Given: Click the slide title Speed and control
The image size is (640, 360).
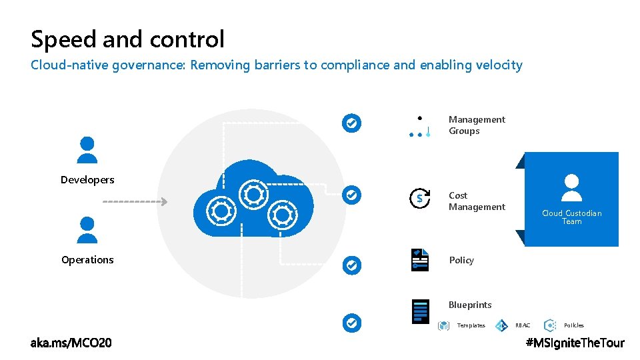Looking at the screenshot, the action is coord(127,39).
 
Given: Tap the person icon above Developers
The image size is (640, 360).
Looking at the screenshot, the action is coord(87,149).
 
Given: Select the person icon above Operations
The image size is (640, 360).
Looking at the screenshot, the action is coord(87,229).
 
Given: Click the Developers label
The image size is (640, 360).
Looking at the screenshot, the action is coord(87,180).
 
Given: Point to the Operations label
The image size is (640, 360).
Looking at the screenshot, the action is coord(87,260).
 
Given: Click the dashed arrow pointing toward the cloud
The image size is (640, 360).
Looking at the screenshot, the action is coord(135,201).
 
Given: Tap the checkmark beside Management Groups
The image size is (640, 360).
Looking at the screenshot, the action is coord(351,123).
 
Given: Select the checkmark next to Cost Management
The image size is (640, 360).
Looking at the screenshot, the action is coord(351,195).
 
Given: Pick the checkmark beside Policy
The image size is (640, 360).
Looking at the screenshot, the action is coord(351,265).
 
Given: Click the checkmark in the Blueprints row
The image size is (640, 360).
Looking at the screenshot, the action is coord(351,323).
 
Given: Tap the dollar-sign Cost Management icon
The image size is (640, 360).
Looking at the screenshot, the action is coord(419,199).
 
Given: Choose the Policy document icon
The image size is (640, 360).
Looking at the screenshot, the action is coord(420,260).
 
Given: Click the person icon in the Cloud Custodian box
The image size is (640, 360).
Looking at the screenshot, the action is coord(571,187).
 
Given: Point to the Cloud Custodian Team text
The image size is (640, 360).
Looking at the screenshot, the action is coord(571,217).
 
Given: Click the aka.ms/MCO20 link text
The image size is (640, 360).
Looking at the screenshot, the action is coord(71,343).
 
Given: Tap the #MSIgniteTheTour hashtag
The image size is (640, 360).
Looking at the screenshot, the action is coord(575,343).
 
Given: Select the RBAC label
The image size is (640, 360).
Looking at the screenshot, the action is coord(523,325).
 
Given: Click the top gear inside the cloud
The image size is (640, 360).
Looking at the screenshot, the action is coord(253,194).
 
